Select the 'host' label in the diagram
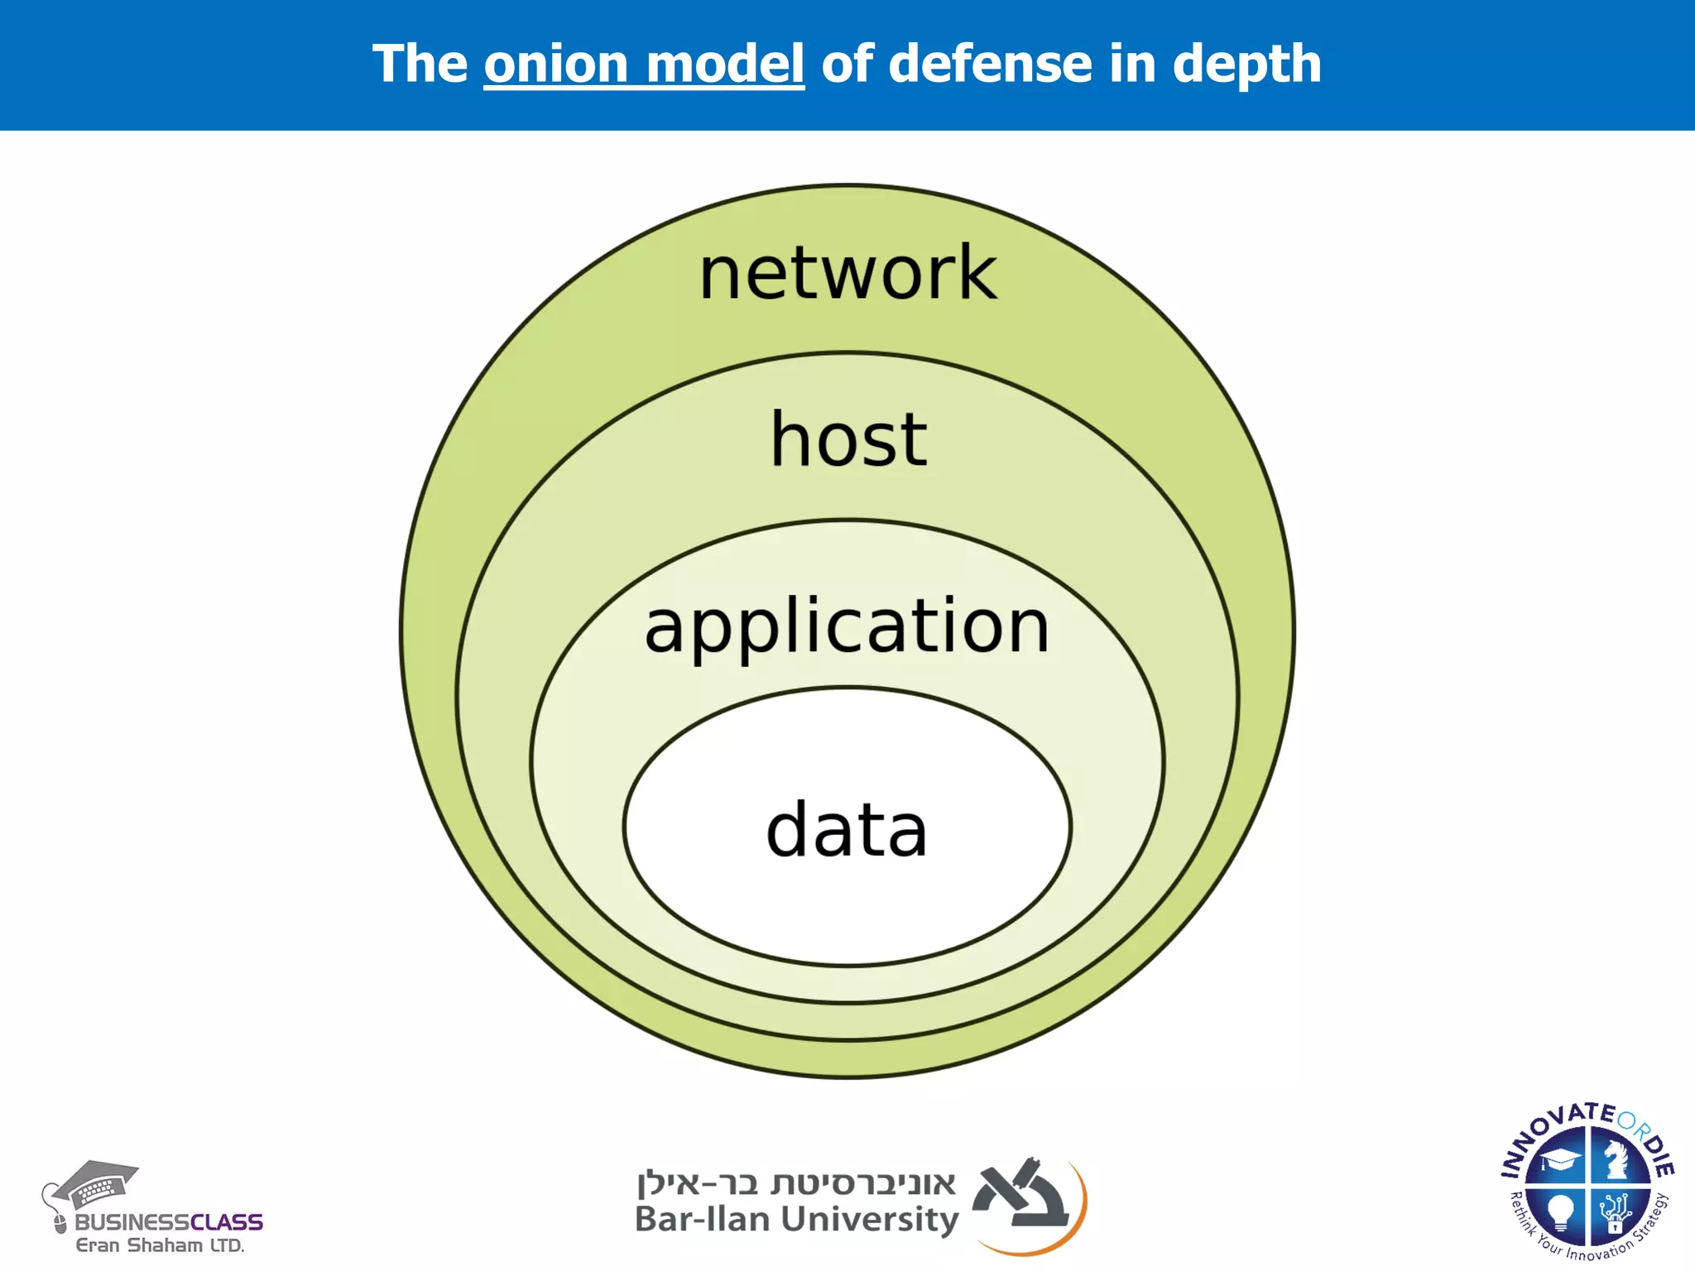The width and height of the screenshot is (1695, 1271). tap(848, 440)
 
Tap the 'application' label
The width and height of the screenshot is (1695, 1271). tap(847, 626)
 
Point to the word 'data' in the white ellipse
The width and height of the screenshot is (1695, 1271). tap(847, 830)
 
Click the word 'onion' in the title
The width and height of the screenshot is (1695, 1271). tap(556, 64)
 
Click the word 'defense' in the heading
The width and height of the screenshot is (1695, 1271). tap(990, 64)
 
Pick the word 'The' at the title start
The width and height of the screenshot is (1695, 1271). tap(420, 64)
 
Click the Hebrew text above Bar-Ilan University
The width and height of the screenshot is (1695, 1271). tap(796, 1183)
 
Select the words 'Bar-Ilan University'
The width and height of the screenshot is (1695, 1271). tap(796, 1220)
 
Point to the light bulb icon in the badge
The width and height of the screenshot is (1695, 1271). tap(1560, 1211)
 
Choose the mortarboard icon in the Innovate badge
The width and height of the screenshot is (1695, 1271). tap(1559, 1160)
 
